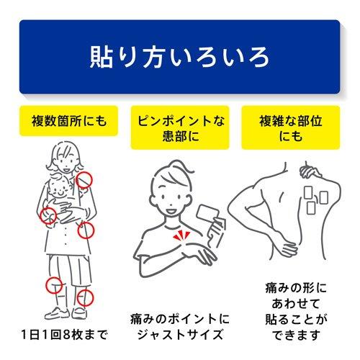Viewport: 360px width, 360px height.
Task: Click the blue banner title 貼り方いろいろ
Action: tap(179, 57)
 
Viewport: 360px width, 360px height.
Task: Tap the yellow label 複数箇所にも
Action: tap(68, 121)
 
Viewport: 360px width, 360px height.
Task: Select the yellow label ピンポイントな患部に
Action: tap(180, 127)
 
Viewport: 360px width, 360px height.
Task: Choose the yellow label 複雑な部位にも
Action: tap(291, 127)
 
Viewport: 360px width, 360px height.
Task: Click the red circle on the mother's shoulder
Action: tap(84, 180)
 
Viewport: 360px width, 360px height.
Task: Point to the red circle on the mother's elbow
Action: tap(48, 215)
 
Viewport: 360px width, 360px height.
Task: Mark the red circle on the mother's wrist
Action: tap(86, 230)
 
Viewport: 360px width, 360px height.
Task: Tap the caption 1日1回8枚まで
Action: tap(65, 334)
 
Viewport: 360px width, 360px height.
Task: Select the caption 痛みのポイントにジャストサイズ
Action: tap(180, 326)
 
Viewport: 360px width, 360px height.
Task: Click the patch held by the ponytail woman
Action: tap(208, 212)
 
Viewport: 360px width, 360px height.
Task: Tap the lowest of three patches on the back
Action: tap(311, 208)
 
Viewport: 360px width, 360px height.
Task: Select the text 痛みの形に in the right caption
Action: tap(296, 288)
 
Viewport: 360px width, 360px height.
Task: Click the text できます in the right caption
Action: tap(296, 335)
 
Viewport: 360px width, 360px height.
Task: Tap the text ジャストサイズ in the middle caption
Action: tap(180, 335)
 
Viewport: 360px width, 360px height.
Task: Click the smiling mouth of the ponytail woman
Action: tap(171, 212)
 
